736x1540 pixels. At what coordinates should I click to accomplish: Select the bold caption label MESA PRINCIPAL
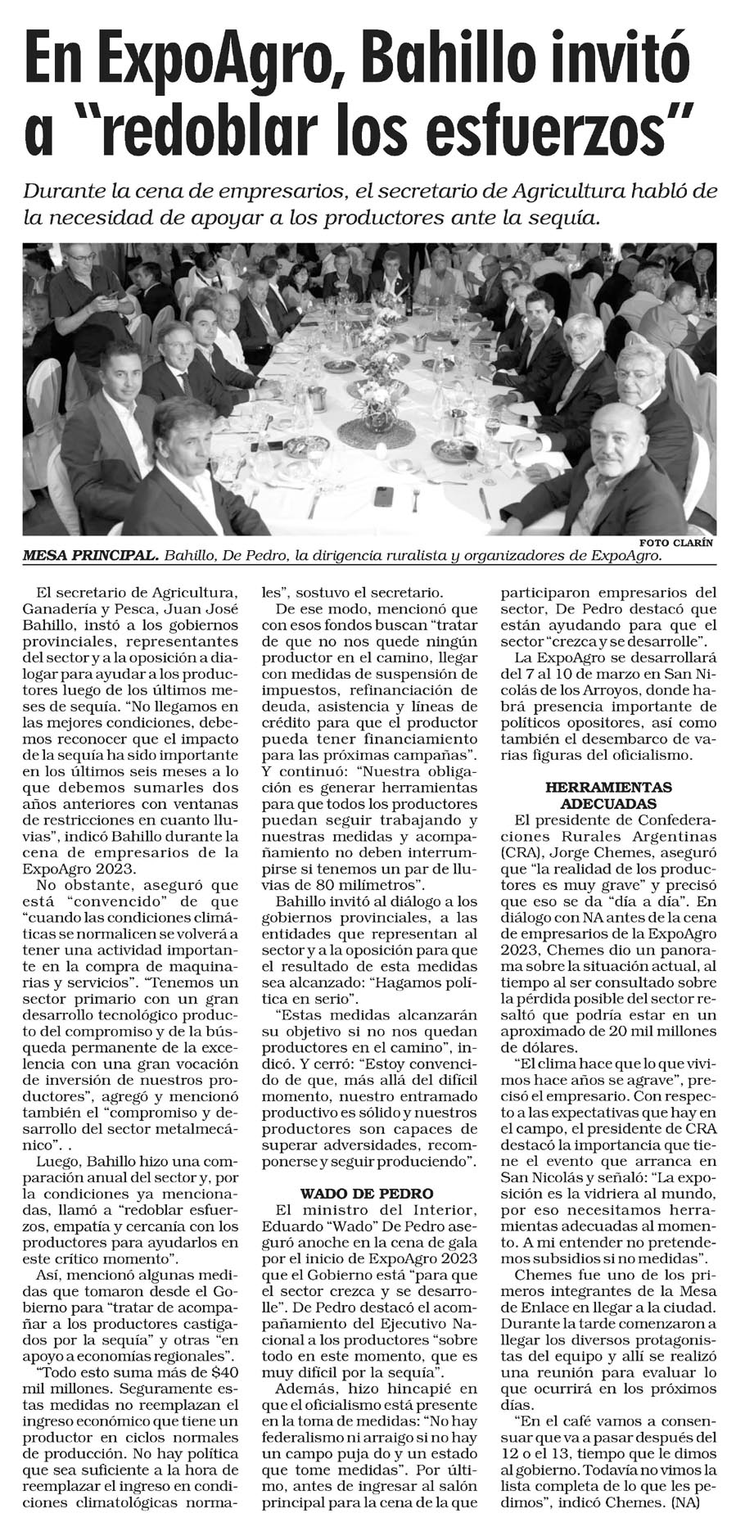(90, 556)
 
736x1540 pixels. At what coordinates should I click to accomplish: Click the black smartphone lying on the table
(382, 495)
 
